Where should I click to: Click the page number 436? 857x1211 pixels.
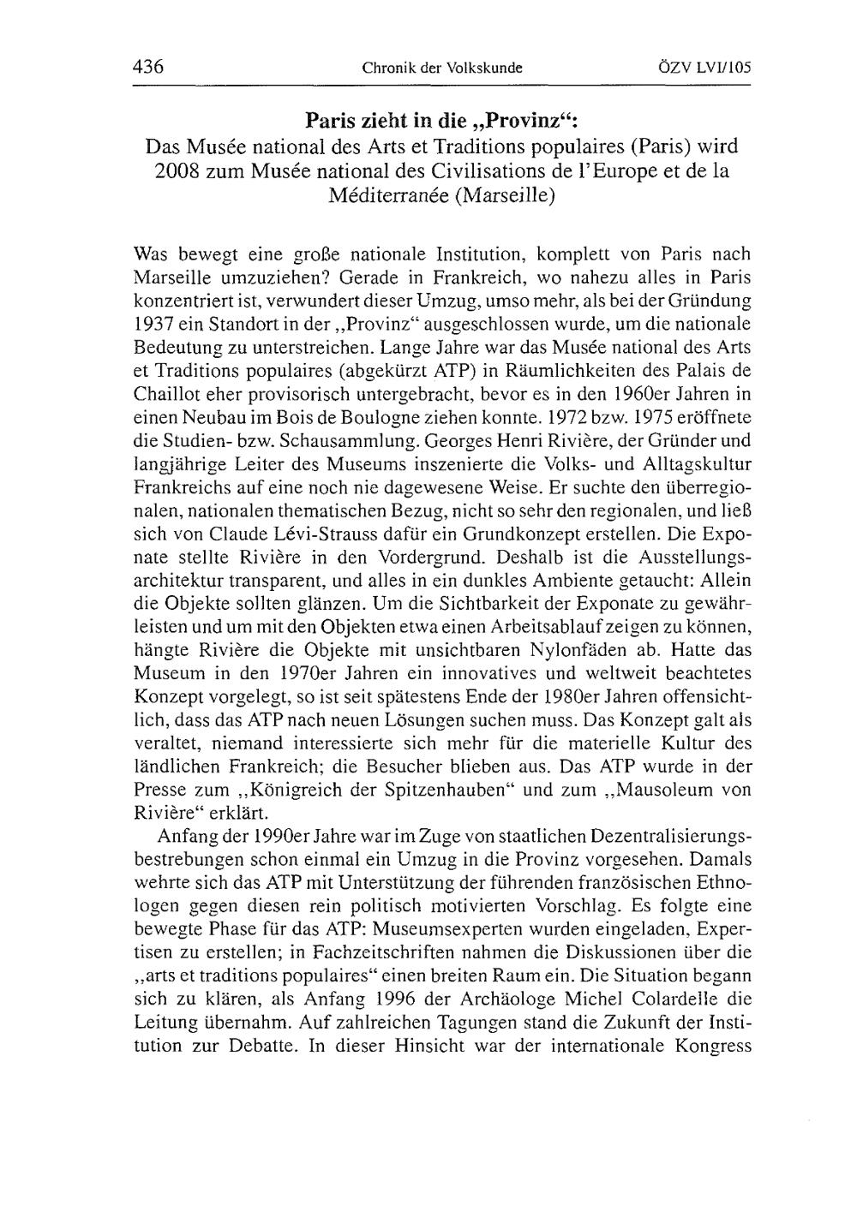tap(147, 67)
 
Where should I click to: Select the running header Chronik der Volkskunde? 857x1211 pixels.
tap(442, 68)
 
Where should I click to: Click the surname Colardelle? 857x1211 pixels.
tap(666, 998)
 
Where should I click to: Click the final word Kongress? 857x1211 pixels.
tap(713, 1045)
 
